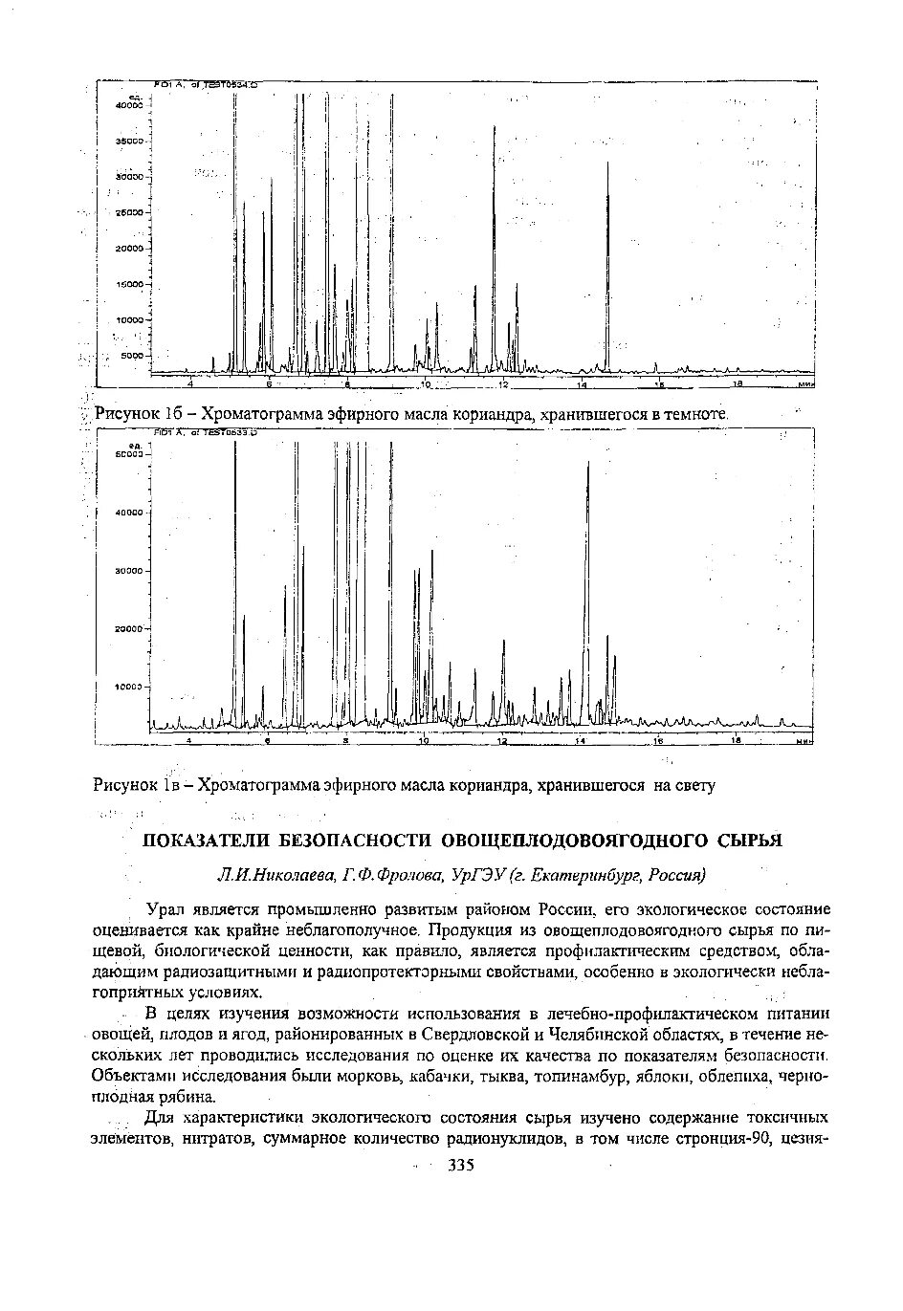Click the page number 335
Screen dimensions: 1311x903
point(461,1165)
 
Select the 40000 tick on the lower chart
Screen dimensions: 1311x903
point(127,513)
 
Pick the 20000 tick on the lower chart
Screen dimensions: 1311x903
point(127,629)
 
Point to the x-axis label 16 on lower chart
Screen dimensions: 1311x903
point(658,742)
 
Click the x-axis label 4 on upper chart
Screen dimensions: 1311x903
point(190,383)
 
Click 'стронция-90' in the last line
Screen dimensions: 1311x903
point(725,1138)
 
